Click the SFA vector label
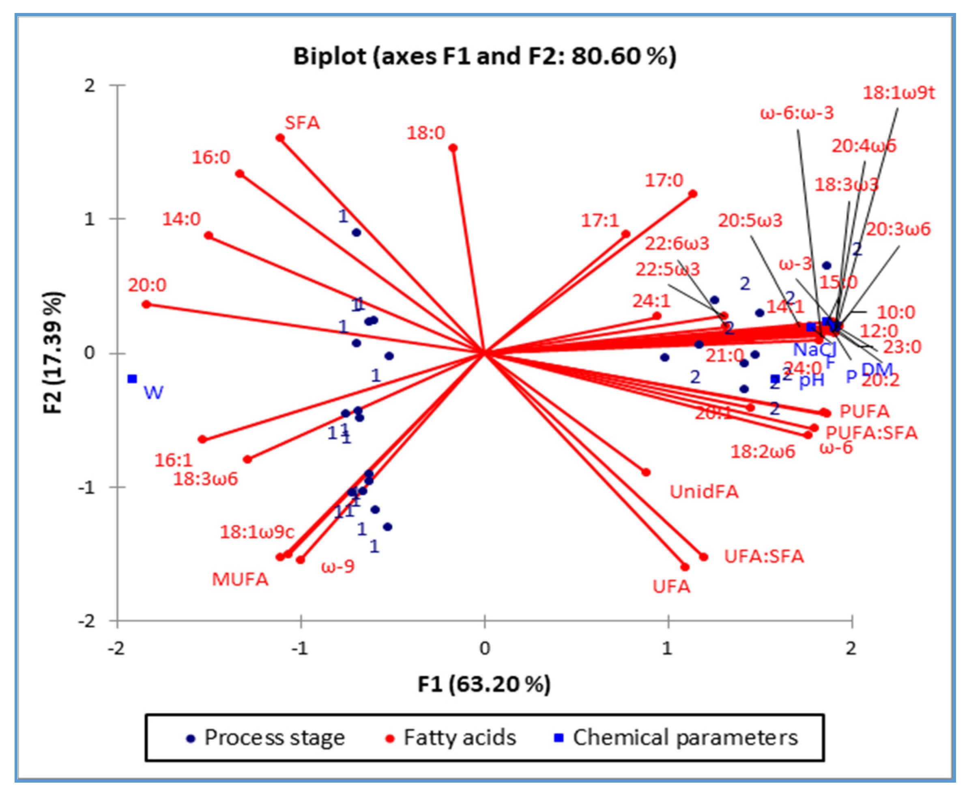(302, 123)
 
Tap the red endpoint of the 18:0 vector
(453, 148)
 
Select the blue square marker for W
(133, 379)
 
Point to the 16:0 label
(211, 158)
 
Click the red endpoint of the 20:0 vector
(146, 304)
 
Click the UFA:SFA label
(764, 556)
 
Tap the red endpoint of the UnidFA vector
(646, 472)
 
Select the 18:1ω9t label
(898, 93)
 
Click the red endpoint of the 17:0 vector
(693, 194)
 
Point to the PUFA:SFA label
(871, 433)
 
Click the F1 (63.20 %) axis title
(484, 684)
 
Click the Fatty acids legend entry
(459, 738)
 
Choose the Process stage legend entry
(274, 738)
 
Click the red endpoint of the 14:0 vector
(209, 235)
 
